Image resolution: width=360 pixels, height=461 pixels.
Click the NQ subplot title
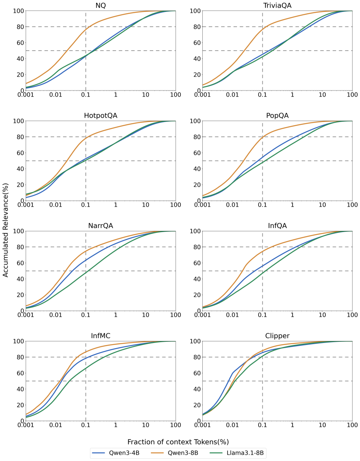click(101, 5)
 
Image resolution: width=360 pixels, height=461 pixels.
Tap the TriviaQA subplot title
click(277, 5)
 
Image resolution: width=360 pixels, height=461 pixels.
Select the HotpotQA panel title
click(101, 116)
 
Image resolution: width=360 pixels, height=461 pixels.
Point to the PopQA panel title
click(277, 116)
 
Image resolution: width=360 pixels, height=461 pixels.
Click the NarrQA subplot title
click(101, 226)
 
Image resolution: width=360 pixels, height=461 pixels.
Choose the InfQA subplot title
click(277, 226)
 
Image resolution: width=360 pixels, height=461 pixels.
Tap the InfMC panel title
click(101, 336)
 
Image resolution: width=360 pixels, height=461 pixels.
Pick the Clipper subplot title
click(277, 336)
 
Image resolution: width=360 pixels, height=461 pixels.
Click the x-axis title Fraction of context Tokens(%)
click(178, 442)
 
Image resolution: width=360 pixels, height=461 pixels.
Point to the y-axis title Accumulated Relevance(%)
click(6, 230)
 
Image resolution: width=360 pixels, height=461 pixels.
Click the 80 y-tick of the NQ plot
click(20, 27)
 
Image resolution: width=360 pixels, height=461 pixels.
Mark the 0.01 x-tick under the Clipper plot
click(233, 425)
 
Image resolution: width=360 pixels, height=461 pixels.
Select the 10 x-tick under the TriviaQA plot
click(322, 95)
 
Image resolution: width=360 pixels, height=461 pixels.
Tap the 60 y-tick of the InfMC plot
click(20, 373)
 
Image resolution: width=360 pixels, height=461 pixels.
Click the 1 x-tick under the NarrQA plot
click(116, 315)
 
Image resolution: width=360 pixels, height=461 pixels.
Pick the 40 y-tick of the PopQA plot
click(197, 169)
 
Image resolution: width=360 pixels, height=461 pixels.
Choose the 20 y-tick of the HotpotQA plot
click(20, 185)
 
